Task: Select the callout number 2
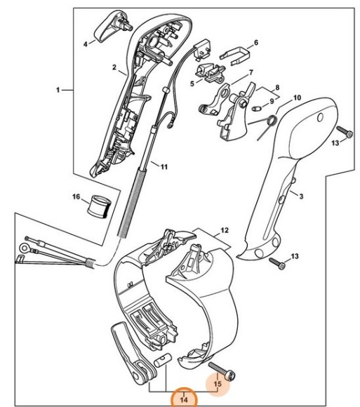[x=114, y=67]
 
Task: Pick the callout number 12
[x=225, y=229]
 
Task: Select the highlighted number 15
[x=218, y=385]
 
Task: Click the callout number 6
[x=255, y=42]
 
